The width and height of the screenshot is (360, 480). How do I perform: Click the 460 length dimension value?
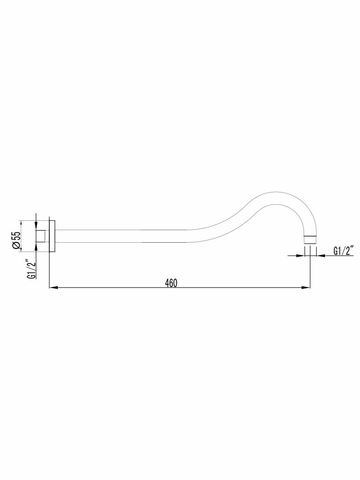point(171,283)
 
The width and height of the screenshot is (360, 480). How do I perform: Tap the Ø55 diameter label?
point(17,240)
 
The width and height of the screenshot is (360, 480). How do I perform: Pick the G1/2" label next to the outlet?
point(343,251)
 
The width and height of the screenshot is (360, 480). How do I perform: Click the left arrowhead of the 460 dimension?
point(54,288)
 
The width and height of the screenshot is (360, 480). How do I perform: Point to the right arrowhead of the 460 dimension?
point(306,288)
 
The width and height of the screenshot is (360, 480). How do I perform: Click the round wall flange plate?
point(52,236)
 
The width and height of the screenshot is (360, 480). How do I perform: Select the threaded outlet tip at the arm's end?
point(310,240)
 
